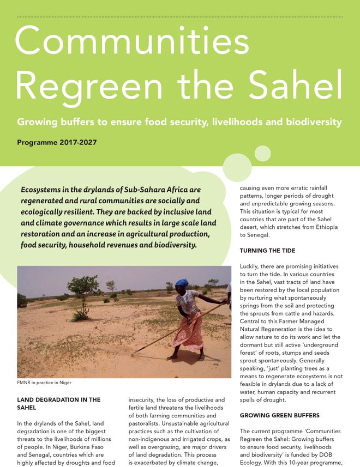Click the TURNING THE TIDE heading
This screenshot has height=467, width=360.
click(x=268, y=251)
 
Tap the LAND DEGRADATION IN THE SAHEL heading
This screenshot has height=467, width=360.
click(x=59, y=403)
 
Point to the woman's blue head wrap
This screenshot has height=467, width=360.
click(x=182, y=283)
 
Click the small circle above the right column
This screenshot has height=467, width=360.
click(x=262, y=154)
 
